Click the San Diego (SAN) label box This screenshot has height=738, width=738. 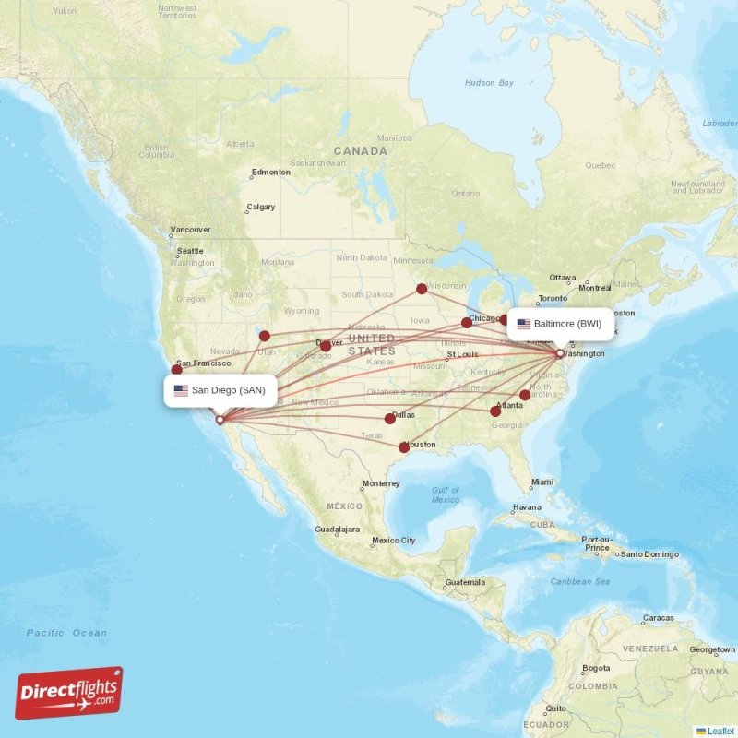click(220, 390)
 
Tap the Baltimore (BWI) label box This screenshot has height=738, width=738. click(559, 324)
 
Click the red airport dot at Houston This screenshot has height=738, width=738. click(403, 447)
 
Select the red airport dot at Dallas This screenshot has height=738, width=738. click(390, 419)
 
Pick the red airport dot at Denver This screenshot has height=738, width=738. click(325, 347)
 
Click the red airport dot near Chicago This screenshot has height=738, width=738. click(467, 323)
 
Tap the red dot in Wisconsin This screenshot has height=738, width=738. click(422, 288)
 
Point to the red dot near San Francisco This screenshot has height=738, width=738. click(176, 369)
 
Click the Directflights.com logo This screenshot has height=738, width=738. click(69, 693)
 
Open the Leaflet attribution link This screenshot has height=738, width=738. click(720, 731)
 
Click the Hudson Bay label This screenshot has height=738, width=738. click(489, 83)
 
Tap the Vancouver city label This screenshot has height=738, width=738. click(190, 230)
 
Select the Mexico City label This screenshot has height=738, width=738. click(393, 541)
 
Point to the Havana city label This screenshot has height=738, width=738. click(527, 507)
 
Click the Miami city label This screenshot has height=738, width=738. click(542, 482)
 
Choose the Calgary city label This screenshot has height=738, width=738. click(261, 207)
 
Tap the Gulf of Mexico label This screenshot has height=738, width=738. click(445, 494)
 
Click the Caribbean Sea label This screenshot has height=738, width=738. click(580, 582)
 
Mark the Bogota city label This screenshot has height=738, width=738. click(595, 668)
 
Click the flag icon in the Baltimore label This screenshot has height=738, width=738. click(524, 324)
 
